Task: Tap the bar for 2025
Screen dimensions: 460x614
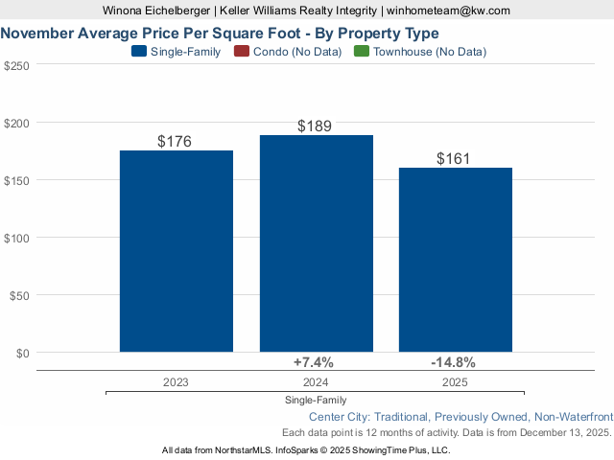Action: click(455, 260)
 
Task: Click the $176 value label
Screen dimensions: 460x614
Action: click(175, 142)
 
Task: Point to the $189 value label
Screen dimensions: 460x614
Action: click(315, 126)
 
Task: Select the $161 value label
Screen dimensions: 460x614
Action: click(454, 159)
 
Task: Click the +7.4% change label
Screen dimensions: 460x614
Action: click(313, 362)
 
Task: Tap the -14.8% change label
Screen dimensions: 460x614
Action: click(453, 362)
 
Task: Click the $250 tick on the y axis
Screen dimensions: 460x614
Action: click(16, 65)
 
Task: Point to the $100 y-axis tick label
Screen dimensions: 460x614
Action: click(16, 238)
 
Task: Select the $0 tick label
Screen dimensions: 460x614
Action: click(22, 353)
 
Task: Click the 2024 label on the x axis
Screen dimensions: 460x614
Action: click(316, 381)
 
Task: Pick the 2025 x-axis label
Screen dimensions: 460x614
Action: click(455, 381)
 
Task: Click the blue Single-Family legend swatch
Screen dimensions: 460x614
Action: click(138, 52)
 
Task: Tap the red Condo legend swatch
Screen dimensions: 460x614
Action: click(241, 52)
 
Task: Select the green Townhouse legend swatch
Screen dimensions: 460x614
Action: click(361, 52)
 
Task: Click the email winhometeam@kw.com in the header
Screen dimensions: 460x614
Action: click(448, 11)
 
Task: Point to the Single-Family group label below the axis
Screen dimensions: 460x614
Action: click(316, 400)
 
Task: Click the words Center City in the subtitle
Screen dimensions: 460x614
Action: click(341, 417)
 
